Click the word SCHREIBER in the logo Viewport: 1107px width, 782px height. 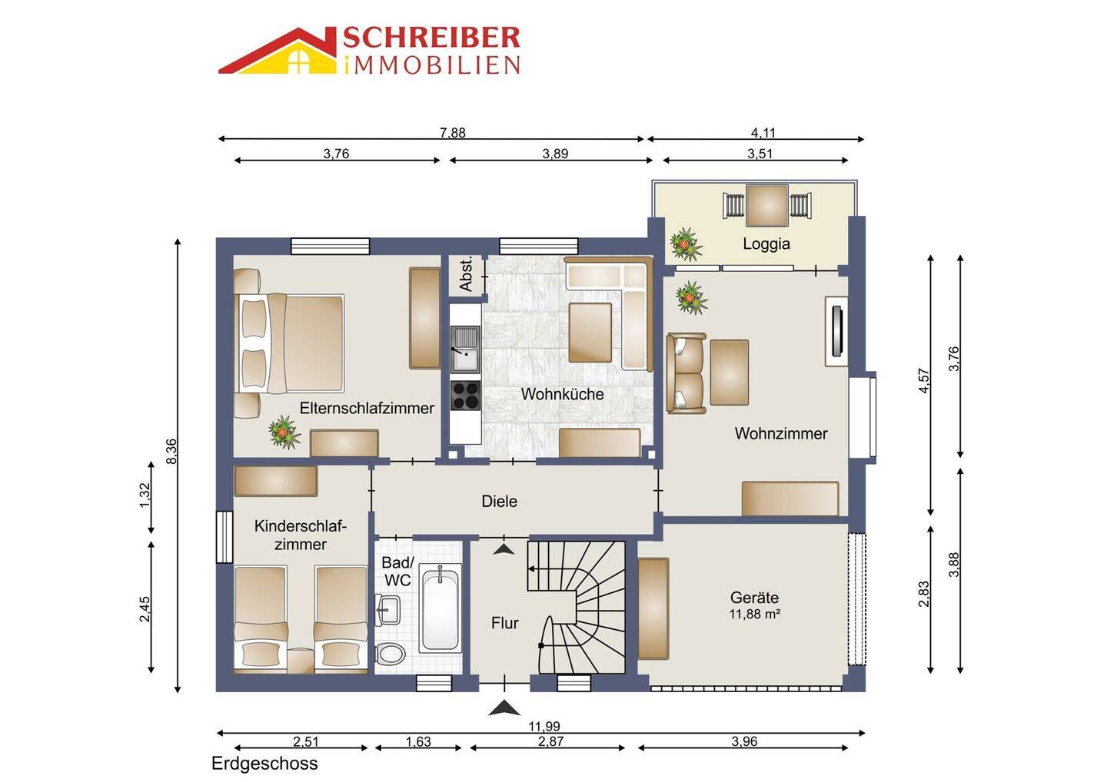(x=431, y=38)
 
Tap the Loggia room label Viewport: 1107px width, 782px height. (x=766, y=244)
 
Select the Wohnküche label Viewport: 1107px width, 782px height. (x=562, y=394)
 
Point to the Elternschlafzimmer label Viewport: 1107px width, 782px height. (x=367, y=408)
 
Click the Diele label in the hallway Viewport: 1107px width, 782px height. (x=499, y=501)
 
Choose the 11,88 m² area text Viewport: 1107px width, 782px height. (x=754, y=614)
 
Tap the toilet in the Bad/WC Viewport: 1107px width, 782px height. (x=391, y=654)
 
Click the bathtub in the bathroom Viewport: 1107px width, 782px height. (x=440, y=608)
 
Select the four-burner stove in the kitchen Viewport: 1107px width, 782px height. (x=465, y=395)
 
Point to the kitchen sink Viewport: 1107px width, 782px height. (x=465, y=350)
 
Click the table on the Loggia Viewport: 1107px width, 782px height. (x=766, y=205)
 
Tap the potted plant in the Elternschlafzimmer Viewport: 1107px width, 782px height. (x=284, y=432)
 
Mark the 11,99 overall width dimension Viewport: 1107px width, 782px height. (x=544, y=726)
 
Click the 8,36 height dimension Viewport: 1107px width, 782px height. (x=171, y=451)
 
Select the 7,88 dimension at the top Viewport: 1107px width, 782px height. (x=453, y=133)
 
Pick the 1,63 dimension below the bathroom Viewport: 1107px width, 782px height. (x=418, y=741)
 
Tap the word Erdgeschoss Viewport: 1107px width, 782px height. (x=264, y=764)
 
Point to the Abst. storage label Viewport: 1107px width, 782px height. (x=467, y=273)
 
